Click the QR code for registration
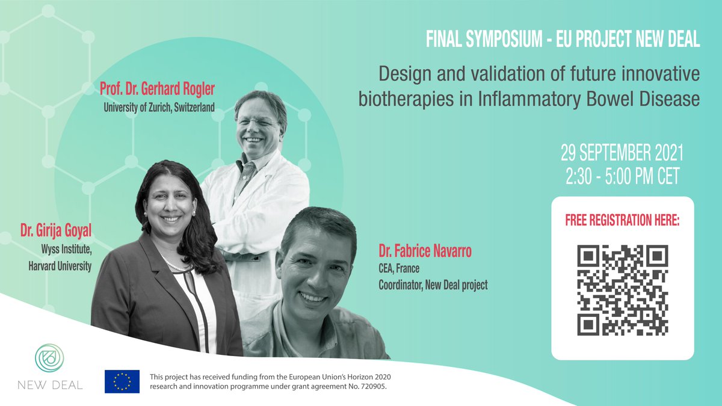[x=623, y=290]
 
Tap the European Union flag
[x=122, y=381]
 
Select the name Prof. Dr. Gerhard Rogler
[x=158, y=90]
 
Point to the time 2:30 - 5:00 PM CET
[x=622, y=176]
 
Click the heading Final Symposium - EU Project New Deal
[x=563, y=40]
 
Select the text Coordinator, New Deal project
[x=433, y=285]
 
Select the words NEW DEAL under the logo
[x=51, y=385]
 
